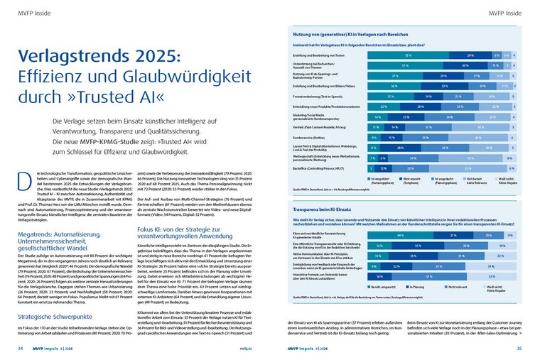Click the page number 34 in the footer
pyautogui.click(x=21, y=348)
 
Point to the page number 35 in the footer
pyautogui.click(x=519, y=348)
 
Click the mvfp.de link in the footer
pyautogui.click(x=246, y=348)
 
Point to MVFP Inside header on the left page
pyautogui.click(x=31, y=12)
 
